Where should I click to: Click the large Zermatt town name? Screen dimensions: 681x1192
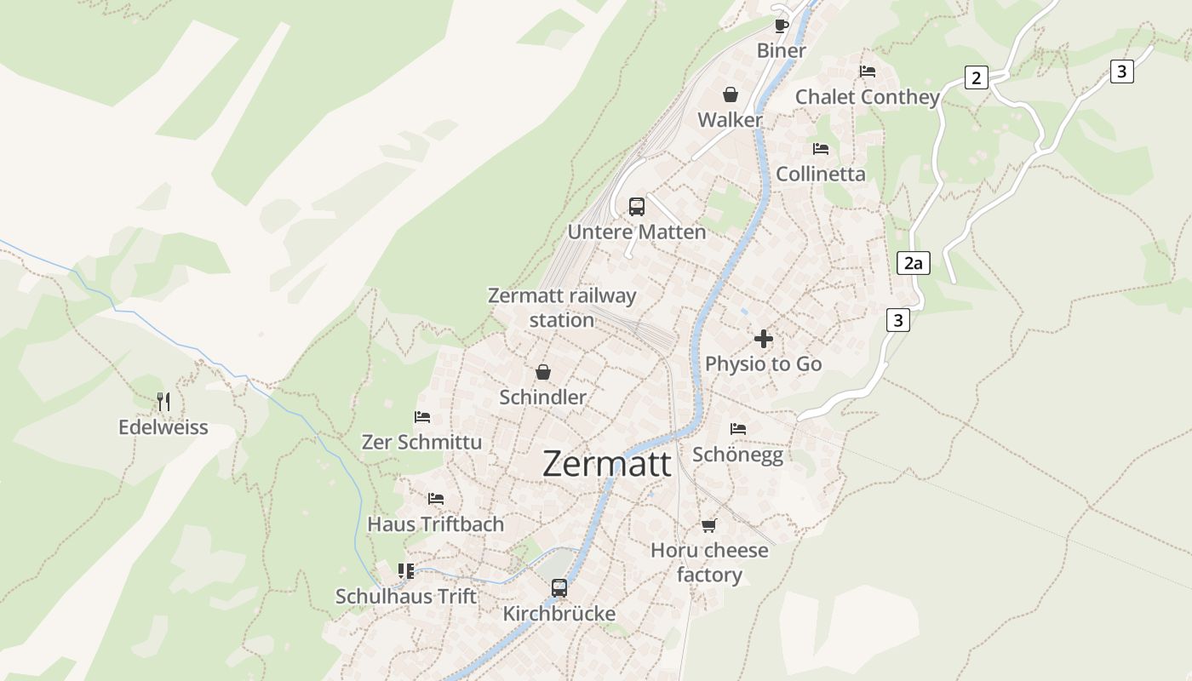(x=606, y=464)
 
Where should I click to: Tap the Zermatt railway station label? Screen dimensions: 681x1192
(x=562, y=307)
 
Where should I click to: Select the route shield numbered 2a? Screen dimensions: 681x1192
(x=913, y=263)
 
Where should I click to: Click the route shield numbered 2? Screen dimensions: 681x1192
(x=976, y=78)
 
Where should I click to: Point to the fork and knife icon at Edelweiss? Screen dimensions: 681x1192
(x=163, y=401)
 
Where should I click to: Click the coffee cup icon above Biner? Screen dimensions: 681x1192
(x=781, y=25)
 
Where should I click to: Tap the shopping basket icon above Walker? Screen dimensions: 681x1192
(x=730, y=94)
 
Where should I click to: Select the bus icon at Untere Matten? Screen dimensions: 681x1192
(x=636, y=206)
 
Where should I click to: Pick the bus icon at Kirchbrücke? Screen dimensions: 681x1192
(x=559, y=587)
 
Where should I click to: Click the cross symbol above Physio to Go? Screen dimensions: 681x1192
(x=763, y=338)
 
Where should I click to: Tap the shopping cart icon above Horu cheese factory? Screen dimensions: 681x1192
(x=708, y=525)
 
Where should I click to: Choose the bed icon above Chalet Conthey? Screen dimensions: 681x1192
(x=867, y=72)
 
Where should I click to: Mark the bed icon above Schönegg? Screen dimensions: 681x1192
(x=737, y=429)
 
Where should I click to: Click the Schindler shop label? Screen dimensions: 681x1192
(x=542, y=398)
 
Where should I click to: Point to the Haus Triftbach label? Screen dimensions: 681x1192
(x=435, y=524)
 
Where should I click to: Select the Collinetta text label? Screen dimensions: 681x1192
(x=820, y=175)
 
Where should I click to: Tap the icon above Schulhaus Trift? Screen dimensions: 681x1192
(x=405, y=570)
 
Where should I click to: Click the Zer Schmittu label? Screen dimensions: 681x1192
(x=421, y=443)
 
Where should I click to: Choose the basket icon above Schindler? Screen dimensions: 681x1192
(x=542, y=372)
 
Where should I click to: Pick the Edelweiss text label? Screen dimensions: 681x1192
(x=163, y=427)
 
